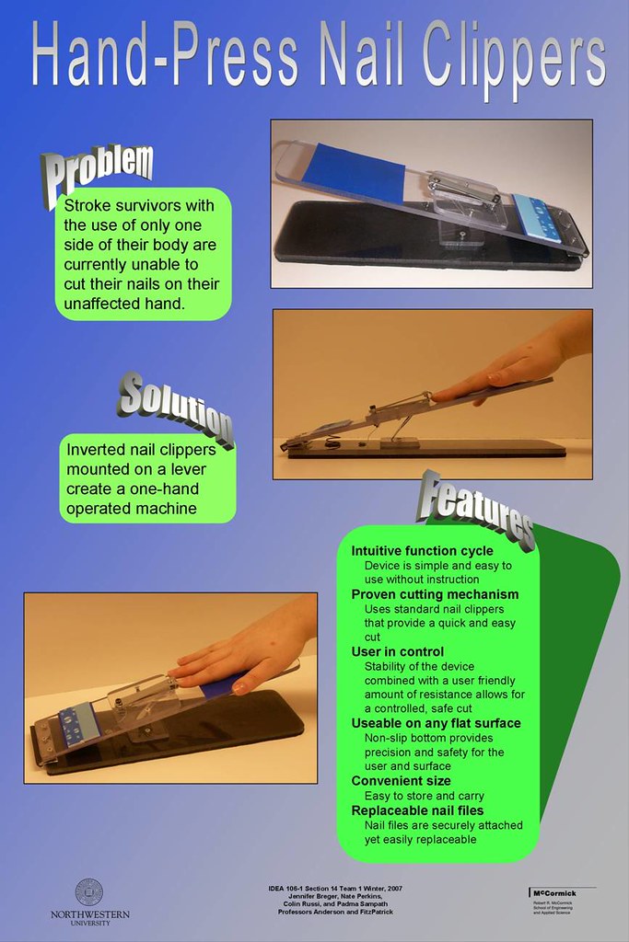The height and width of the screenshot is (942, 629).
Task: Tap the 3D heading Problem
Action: (98, 169)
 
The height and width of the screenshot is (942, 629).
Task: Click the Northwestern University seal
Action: (89, 891)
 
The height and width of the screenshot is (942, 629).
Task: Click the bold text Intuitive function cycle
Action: (422, 551)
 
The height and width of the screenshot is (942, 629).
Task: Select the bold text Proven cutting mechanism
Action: (435, 594)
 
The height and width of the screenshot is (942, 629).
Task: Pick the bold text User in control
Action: (397, 651)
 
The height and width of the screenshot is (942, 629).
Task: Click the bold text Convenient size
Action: (401, 780)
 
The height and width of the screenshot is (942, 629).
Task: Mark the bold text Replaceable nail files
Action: (417, 810)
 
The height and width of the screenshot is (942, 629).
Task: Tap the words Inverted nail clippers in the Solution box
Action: (140, 451)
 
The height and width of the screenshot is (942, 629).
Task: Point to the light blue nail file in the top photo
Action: (536, 215)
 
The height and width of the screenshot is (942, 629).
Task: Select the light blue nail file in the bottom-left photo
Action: (78, 723)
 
